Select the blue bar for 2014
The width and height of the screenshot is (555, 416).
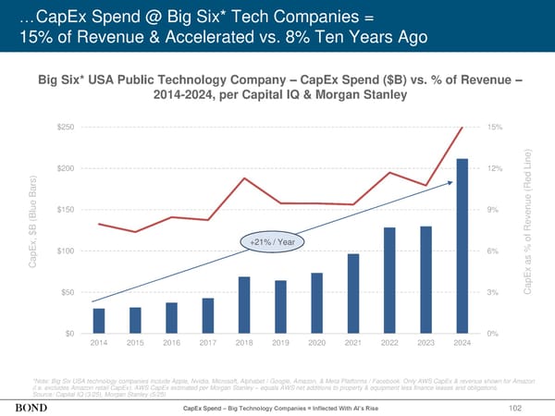(x=99, y=321)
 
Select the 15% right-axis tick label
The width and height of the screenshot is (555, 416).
(x=496, y=127)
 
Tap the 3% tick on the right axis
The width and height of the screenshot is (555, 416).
(x=494, y=293)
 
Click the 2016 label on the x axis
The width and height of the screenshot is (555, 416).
(x=171, y=344)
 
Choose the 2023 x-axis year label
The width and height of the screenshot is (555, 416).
(x=425, y=344)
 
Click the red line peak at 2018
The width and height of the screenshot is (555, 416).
(x=244, y=177)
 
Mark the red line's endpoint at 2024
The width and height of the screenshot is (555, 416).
(x=462, y=128)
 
